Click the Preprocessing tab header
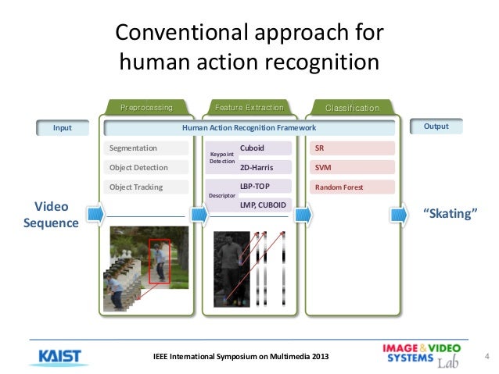(146, 107)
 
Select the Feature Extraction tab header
(249, 107)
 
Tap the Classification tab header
(351, 108)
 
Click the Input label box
(62, 127)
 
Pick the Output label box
(436, 126)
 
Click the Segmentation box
(149, 148)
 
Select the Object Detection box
(149, 167)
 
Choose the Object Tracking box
(149, 187)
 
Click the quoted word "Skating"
(450, 212)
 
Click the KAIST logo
(59, 355)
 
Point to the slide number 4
(486, 358)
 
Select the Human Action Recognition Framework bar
(249, 127)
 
